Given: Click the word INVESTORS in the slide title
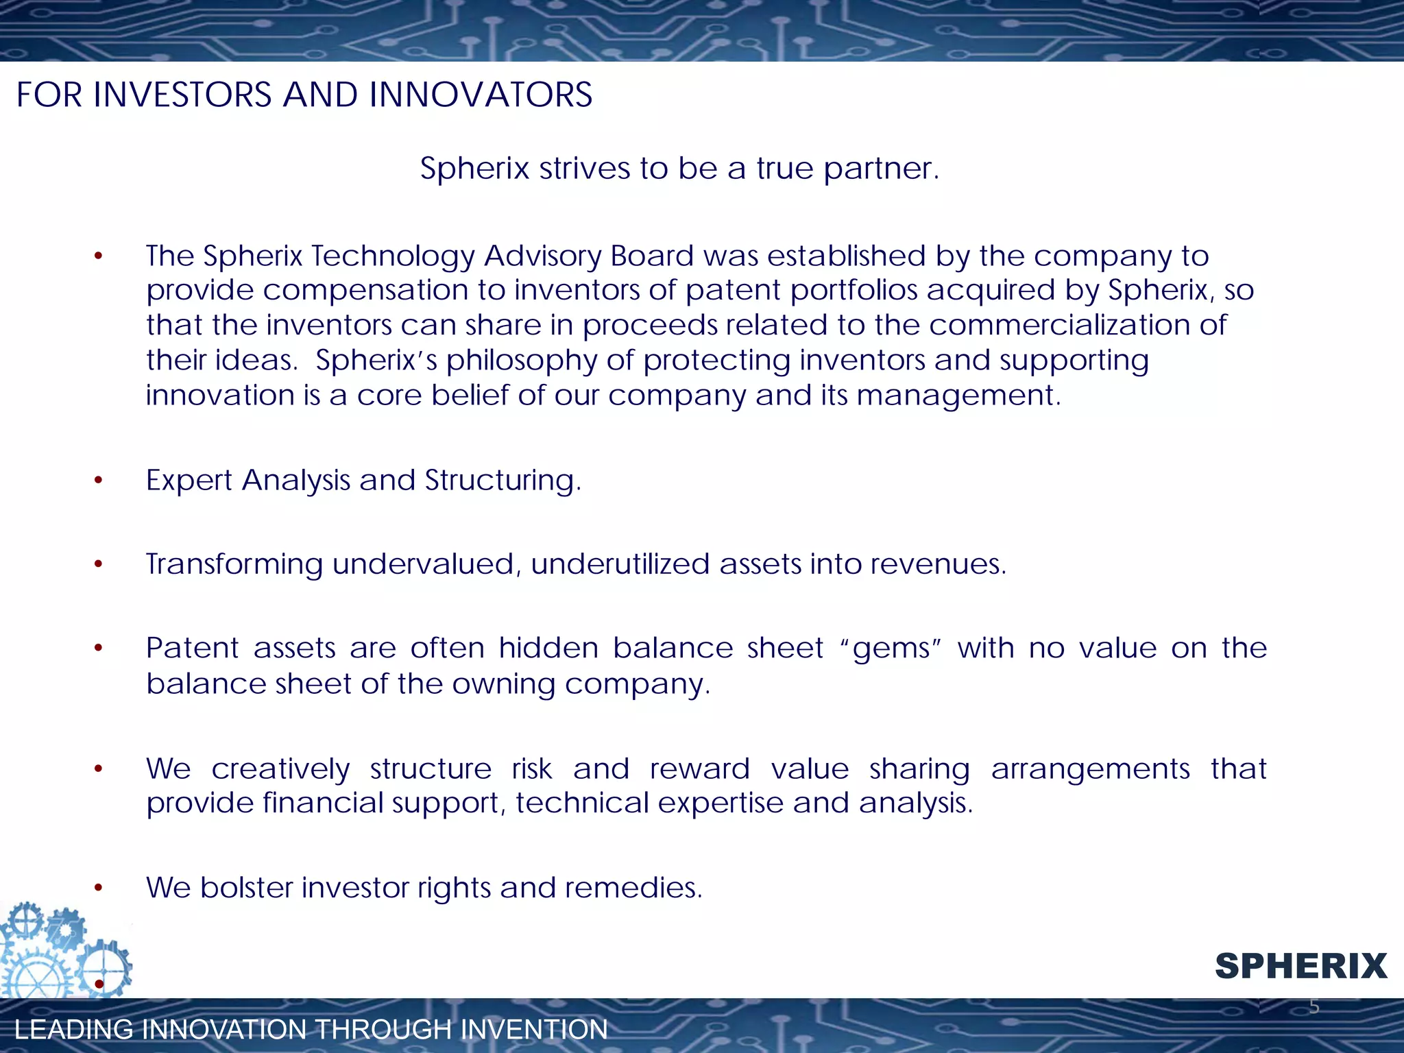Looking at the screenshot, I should coord(182,95).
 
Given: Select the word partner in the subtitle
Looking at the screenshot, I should coord(880,169).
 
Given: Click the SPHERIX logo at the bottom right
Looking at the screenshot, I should coord(1300,967).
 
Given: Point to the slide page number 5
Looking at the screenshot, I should coord(1314,1006).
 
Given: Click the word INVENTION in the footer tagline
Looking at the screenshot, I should coord(534,1030).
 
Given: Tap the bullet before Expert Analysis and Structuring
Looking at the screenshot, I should coord(99,481).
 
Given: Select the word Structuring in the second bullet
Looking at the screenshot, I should coord(503,481).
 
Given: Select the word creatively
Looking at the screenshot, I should coord(280,769).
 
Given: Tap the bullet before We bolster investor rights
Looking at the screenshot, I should coord(99,888).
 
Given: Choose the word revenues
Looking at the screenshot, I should coord(939,564).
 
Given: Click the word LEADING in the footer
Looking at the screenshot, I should coord(73,1030).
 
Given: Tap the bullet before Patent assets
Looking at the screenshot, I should coord(99,649).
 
